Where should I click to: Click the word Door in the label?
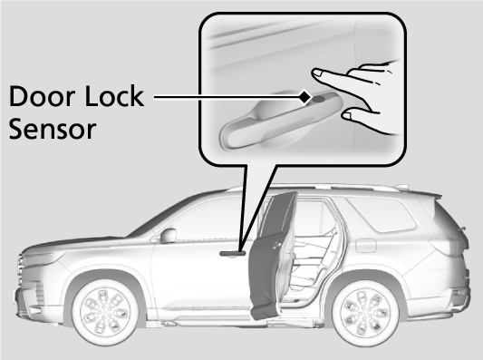point(42,96)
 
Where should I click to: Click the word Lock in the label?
point(114,96)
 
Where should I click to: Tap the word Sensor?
point(53,129)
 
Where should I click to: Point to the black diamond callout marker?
point(305,97)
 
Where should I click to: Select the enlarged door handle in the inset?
point(280,121)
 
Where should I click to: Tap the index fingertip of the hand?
point(317,73)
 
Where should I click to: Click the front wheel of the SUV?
point(105,312)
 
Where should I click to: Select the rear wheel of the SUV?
point(365,312)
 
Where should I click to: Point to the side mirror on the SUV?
point(168,236)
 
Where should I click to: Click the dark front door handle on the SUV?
point(233,253)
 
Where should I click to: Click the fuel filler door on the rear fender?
point(365,246)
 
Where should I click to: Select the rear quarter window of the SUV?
point(382,214)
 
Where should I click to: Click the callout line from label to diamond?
point(227,97)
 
